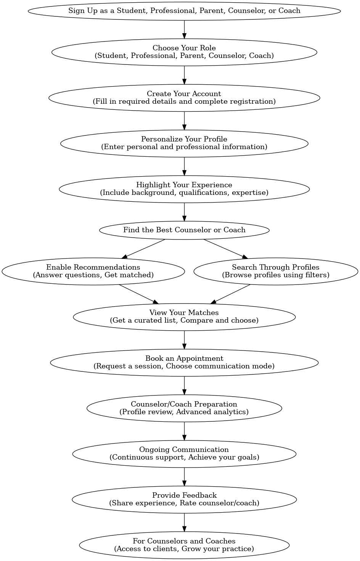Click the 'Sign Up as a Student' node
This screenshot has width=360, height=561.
(x=184, y=11)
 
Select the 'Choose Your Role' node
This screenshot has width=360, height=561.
(x=184, y=52)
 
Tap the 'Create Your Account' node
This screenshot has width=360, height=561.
(x=184, y=98)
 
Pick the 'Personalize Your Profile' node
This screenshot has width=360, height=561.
(x=184, y=143)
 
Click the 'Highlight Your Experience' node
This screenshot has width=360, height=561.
(x=184, y=189)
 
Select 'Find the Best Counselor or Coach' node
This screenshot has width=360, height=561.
(x=184, y=230)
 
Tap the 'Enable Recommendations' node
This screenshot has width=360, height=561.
(x=93, y=271)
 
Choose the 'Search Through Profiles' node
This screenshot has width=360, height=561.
(x=276, y=271)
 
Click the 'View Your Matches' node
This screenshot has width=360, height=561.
(x=184, y=317)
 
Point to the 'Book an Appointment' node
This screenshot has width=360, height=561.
(x=184, y=362)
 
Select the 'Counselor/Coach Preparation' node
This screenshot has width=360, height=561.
(x=184, y=408)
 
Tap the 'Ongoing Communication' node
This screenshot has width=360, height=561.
(x=184, y=454)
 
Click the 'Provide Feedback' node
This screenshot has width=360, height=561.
(x=184, y=499)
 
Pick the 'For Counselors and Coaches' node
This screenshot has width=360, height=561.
(x=184, y=545)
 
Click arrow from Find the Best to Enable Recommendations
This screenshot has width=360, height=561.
(x=143, y=249)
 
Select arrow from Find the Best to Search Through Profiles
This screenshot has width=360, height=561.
(x=225, y=249)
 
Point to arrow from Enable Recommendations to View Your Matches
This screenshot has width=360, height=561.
(x=139, y=294)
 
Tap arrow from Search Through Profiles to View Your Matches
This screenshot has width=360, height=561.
(x=230, y=294)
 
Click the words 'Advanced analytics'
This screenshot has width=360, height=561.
(x=212, y=412)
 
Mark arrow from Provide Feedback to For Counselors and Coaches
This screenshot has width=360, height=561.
(x=184, y=522)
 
